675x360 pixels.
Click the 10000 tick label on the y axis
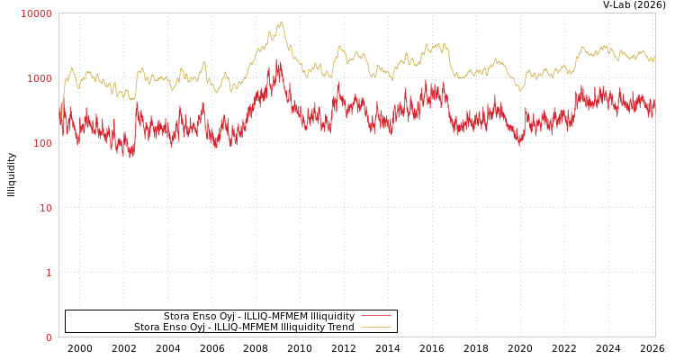pyautogui.click(x=36, y=13)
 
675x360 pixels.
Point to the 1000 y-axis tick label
pyautogui.click(x=39, y=78)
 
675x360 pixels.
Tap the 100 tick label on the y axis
pyautogui.click(x=41, y=143)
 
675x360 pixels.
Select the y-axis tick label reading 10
pyautogui.click(x=46, y=208)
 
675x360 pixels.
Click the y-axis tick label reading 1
pyautogui.click(x=49, y=273)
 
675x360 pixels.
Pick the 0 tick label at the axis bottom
pyautogui.click(x=49, y=337)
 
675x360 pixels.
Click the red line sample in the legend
pyautogui.click(x=375, y=316)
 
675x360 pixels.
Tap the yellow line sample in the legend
pyautogui.click(x=375, y=327)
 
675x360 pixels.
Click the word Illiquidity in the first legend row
pyautogui.click(x=332, y=316)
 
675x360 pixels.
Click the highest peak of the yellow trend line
pyautogui.click(x=281, y=22)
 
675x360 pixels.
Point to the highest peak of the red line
pyautogui.click(x=277, y=60)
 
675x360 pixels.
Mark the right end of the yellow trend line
pyautogui.click(x=654, y=56)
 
